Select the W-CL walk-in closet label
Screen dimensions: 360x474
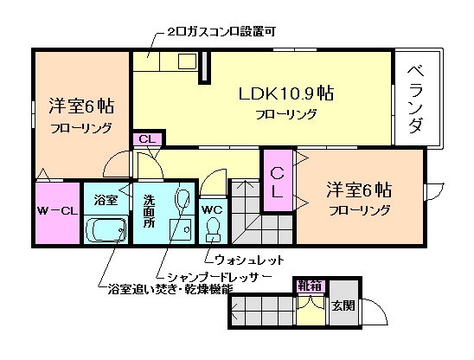click(56, 210)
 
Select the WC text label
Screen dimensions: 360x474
click(213, 209)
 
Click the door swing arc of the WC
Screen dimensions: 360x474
click(212, 182)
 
